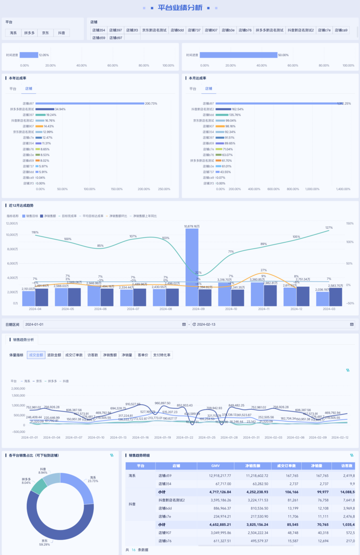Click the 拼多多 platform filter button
[x=30, y=33]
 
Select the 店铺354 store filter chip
[x=99, y=30]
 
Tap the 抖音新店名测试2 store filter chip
[x=301, y=30]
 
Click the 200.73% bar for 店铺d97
[x=90, y=104]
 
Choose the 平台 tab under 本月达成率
[x=192, y=88]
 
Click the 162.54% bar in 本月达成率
[x=223, y=109]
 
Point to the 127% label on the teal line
[x=329, y=228]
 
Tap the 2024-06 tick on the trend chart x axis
[x=100, y=308]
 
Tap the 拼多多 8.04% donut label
[x=26, y=481]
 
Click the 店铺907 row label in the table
[x=165, y=533]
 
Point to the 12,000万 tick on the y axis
[x=12, y=223]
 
